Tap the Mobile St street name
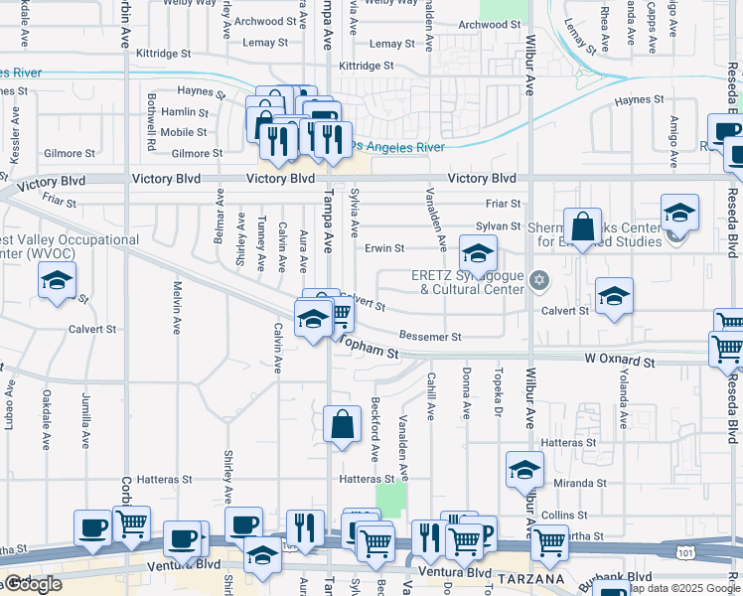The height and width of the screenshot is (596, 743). click(183, 132)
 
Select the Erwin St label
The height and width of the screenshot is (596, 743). click(384, 248)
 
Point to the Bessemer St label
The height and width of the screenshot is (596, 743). click(430, 337)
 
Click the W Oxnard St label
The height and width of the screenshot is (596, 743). click(619, 363)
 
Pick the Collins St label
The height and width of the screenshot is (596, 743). click(566, 515)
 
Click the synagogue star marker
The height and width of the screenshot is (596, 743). click(539, 279)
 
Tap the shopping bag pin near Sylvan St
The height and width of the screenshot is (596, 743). click(582, 226)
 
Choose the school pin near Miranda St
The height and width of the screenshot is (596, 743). click(523, 469)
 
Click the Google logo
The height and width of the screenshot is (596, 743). click(34, 584)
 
